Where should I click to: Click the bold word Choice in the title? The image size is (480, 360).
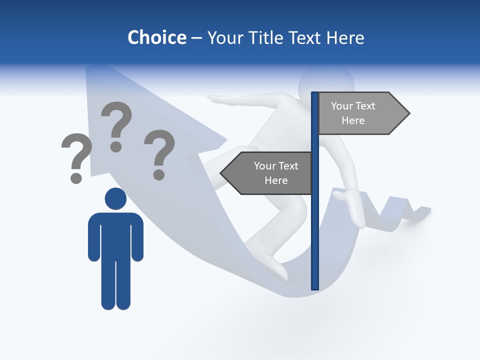tap(156, 37)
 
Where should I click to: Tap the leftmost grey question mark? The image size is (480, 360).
tap(76, 157)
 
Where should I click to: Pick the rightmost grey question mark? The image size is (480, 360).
tap(159, 154)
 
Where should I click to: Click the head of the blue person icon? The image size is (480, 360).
tap(115, 199)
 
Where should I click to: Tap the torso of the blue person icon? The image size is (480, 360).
tap(115, 235)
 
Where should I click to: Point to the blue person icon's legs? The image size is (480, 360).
tap(115, 285)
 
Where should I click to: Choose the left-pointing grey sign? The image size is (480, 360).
tap(270, 173)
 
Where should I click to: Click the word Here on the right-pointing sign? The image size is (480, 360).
tap(353, 120)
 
